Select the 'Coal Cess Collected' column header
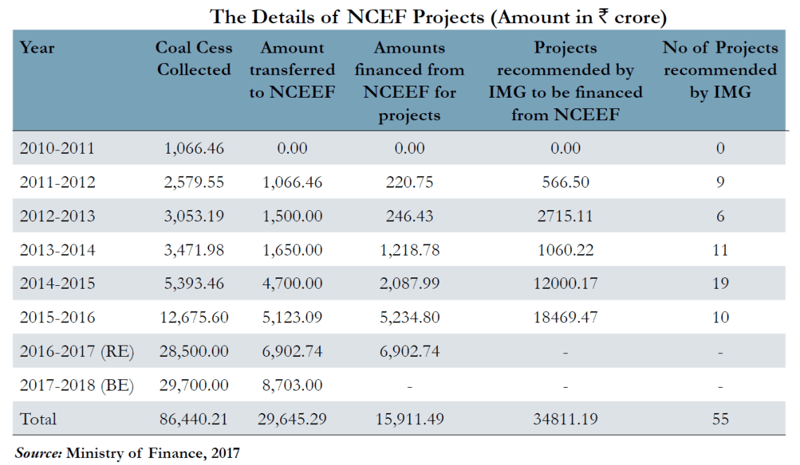[194, 59]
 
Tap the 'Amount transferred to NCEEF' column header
[292, 70]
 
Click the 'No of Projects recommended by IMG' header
[720, 70]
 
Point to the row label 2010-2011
[57, 148]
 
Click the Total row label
[38, 419]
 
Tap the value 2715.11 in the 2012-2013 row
[565, 216]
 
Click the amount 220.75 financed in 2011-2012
[409, 183]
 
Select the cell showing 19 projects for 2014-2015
[720, 284]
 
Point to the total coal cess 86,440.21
[194, 419]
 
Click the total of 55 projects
[720, 419]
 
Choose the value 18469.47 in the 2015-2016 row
[565, 317]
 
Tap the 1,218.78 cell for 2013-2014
[409, 250]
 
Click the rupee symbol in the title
[604, 16]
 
